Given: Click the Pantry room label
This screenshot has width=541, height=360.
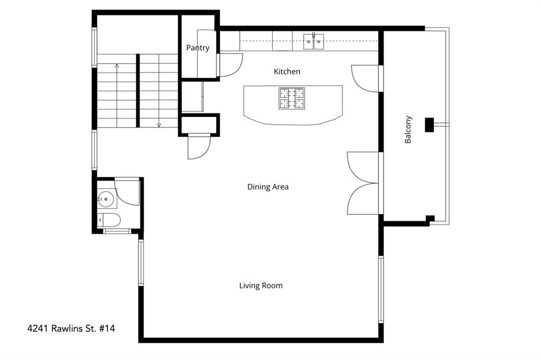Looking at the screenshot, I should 198,48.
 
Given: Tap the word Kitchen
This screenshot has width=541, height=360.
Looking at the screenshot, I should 287,71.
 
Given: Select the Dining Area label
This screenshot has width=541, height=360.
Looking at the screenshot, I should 268,186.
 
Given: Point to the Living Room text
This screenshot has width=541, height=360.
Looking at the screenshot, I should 261,286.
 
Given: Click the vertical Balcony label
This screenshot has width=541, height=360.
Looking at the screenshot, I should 408,130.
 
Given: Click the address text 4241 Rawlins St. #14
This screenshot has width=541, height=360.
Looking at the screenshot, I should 71,328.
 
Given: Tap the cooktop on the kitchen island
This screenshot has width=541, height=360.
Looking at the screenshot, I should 292,98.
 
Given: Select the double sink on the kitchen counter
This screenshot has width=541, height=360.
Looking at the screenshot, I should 314,41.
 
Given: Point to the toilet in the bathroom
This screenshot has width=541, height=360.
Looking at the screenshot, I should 110,220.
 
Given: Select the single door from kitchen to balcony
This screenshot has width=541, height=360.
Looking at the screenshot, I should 366,78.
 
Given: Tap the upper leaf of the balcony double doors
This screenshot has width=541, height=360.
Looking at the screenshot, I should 362,167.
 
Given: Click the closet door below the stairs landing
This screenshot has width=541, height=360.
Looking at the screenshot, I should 199,147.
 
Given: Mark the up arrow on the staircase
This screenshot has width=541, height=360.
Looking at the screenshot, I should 117,67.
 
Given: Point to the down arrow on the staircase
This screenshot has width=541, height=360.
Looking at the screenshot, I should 158,125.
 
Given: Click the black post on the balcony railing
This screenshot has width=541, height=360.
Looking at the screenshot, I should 430,124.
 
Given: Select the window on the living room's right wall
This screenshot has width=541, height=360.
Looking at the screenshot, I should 381,289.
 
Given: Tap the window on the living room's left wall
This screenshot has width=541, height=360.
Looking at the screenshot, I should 141,262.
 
